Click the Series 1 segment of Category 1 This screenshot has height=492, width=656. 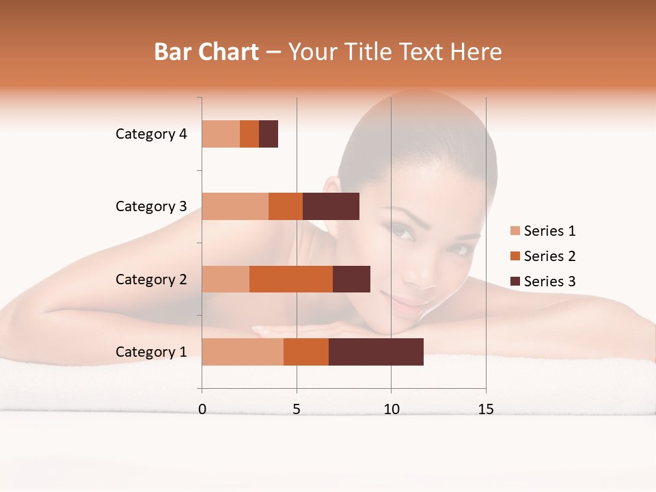click(x=243, y=352)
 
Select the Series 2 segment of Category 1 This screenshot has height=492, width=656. click(x=306, y=352)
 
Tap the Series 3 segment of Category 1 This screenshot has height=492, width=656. click(x=376, y=352)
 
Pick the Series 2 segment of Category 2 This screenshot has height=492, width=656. click(x=291, y=279)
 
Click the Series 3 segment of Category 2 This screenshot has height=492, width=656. click(x=351, y=279)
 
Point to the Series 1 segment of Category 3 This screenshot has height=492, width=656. click(x=235, y=206)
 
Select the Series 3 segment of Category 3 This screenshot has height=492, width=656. click(x=331, y=206)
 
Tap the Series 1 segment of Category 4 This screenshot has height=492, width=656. click(x=221, y=134)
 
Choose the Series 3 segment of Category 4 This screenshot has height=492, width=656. click(x=269, y=134)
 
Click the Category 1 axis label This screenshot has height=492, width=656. click(x=151, y=352)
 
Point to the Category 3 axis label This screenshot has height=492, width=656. click(x=151, y=206)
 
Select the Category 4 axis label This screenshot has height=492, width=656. click(x=151, y=134)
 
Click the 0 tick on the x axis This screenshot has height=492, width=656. click(x=202, y=409)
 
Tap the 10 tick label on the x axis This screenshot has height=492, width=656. click(x=391, y=409)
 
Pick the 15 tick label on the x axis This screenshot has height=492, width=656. click(x=486, y=409)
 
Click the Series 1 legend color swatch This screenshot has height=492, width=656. click(x=515, y=231)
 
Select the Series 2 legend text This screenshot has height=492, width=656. click(x=549, y=256)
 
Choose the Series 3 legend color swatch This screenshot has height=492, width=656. click(x=515, y=282)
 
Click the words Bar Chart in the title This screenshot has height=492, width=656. click(x=206, y=52)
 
